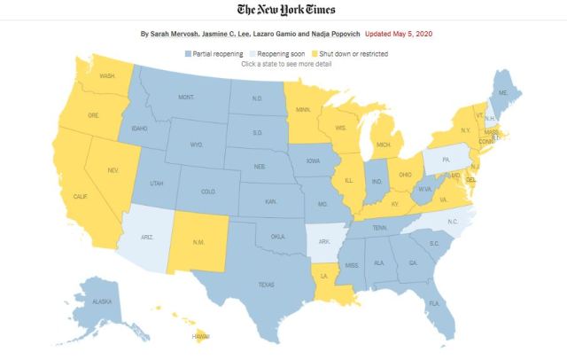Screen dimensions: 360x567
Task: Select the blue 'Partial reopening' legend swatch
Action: click(188, 54)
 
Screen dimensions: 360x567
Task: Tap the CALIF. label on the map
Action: click(80, 196)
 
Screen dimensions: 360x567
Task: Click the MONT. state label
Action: click(186, 97)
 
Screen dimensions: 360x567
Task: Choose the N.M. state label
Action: click(200, 241)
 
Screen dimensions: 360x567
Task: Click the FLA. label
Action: click(434, 303)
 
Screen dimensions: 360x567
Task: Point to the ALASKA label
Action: click(102, 301)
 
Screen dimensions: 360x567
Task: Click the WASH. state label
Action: click(107, 76)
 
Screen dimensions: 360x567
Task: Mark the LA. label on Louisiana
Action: click(324, 276)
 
